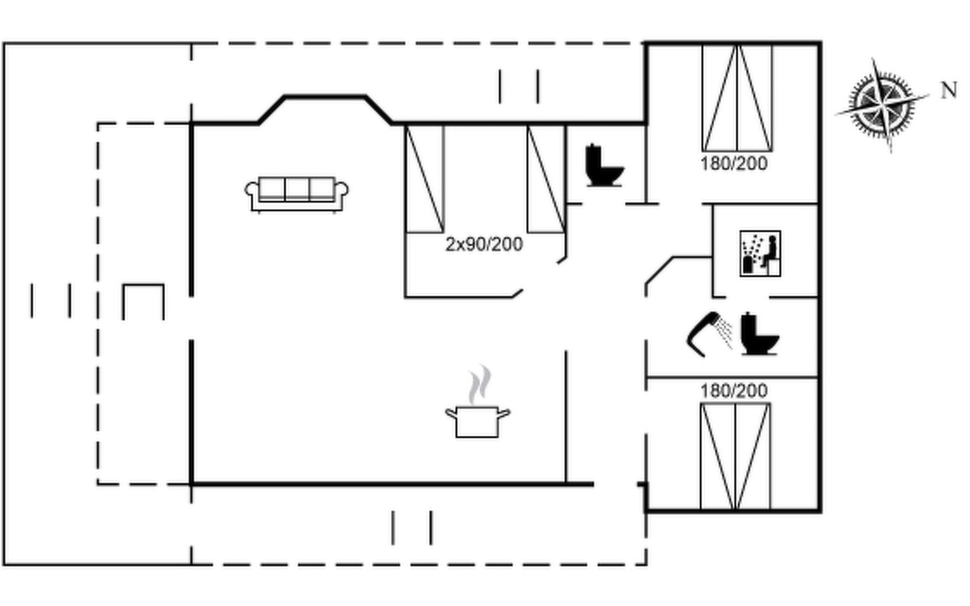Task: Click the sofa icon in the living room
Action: (x=297, y=194)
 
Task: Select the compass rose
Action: (x=883, y=105)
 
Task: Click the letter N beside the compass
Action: (x=949, y=90)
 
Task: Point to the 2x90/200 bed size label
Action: (x=484, y=244)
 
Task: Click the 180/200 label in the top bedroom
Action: (x=734, y=164)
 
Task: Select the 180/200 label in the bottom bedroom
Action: (x=734, y=390)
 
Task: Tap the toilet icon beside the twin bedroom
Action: (x=604, y=166)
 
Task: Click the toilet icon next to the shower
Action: (x=760, y=334)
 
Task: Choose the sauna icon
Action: (x=760, y=254)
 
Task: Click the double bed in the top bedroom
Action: (x=737, y=98)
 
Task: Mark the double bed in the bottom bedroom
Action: (x=736, y=457)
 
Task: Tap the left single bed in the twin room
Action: (x=425, y=179)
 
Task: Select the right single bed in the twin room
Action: (x=546, y=179)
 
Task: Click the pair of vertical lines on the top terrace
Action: (x=519, y=87)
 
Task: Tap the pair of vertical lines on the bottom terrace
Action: (x=412, y=528)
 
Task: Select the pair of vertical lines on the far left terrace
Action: (x=51, y=301)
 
